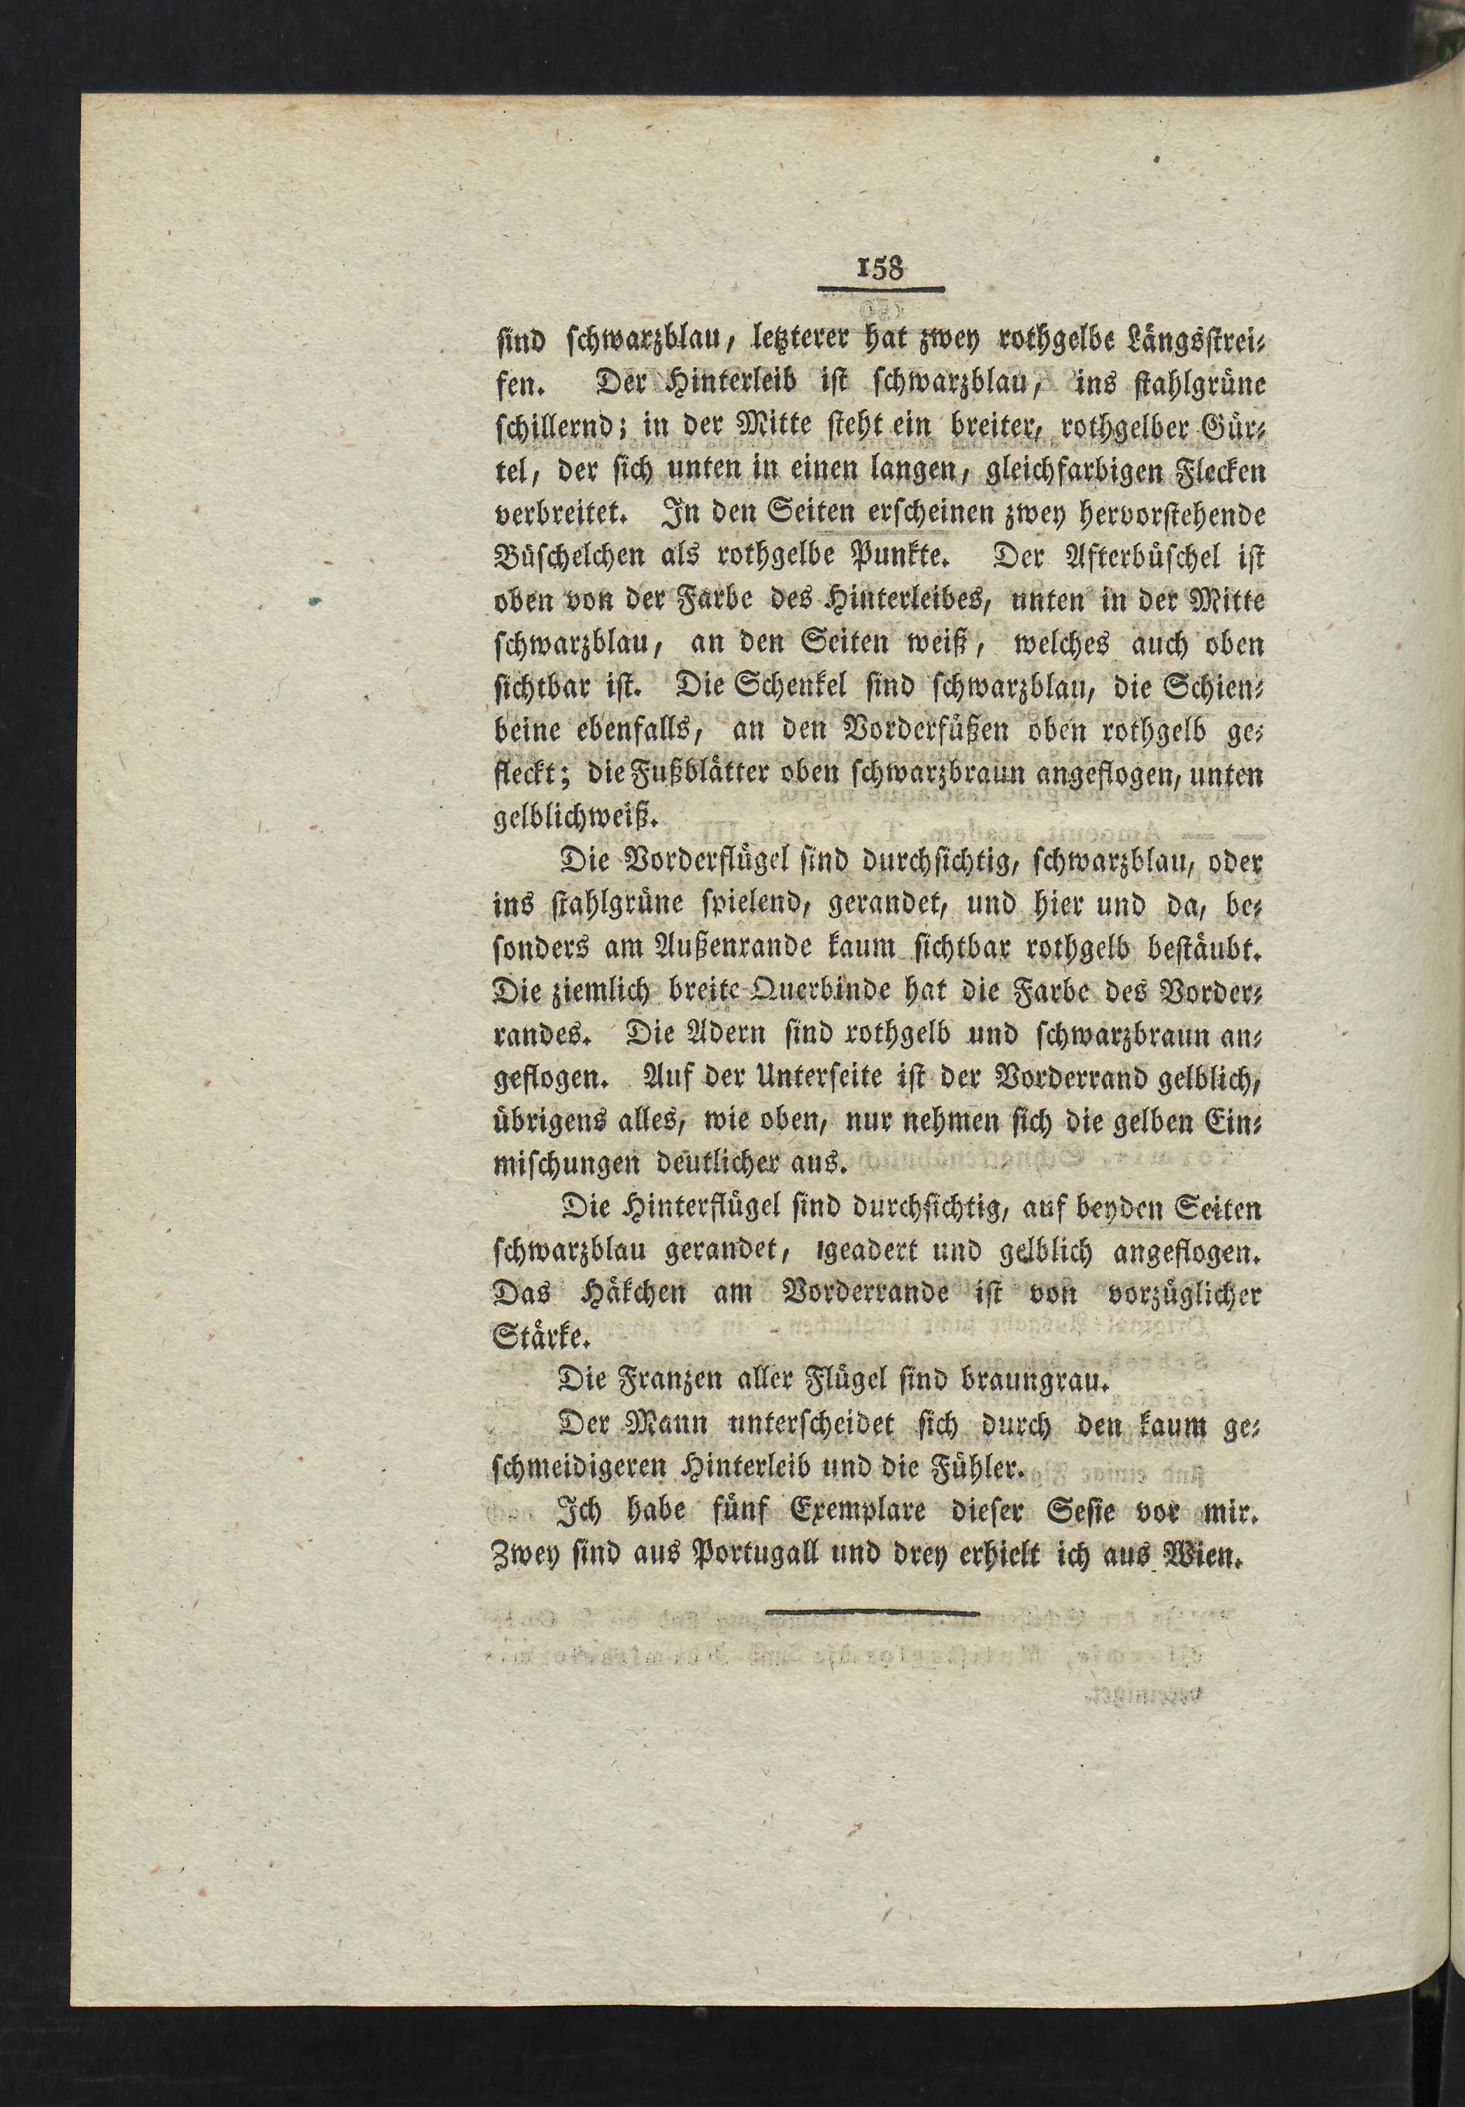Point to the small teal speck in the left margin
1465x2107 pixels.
coord(315,603)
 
